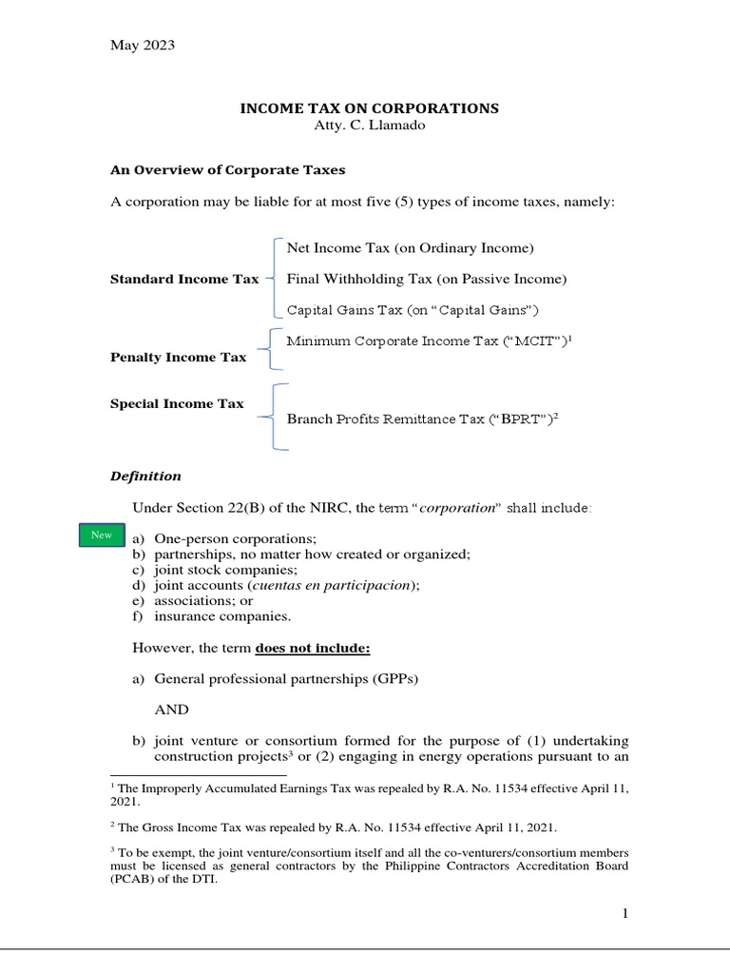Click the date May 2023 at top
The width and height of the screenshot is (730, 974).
pos(143,45)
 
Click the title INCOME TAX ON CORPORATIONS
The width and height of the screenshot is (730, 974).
pos(369,108)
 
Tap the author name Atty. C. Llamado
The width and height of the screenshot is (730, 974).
pos(369,126)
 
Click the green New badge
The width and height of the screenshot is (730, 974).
pos(101,536)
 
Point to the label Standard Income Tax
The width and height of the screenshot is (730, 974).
pos(184,280)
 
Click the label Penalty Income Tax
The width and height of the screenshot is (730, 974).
pos(179,358)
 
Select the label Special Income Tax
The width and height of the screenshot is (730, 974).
pos(177,403)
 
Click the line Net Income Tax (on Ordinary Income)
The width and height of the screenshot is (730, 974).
pos(411,248)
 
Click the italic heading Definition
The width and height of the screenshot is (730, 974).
pos(145,476)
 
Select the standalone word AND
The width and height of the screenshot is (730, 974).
pos(171,710)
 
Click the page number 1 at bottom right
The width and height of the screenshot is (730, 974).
pos(624,914)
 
